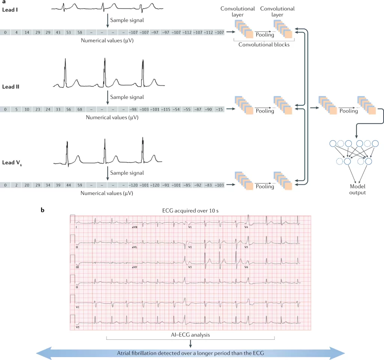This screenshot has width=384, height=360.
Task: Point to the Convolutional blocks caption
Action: pos(264,45)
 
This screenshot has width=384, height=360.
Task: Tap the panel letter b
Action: pos(42,210)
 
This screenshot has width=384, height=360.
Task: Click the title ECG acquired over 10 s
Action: pos(191,211)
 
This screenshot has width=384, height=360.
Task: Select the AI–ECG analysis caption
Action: pos(191,334)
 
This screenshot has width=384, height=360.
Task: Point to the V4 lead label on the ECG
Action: pos(246,227)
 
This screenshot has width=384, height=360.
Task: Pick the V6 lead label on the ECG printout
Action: pos(246,267)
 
